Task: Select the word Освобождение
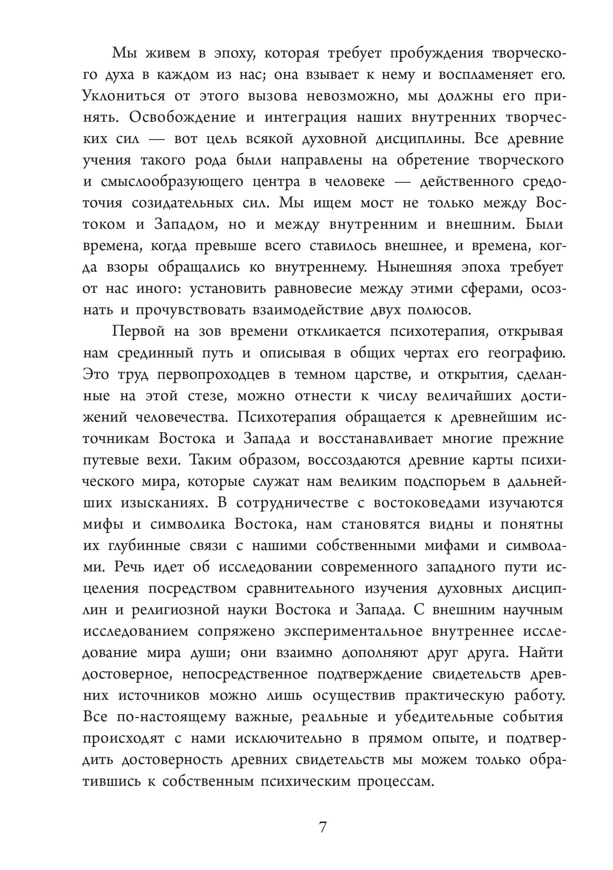(182, 118)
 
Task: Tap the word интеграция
(305, 118)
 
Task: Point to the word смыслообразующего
(172, 181)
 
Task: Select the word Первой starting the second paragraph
(138, 332)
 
